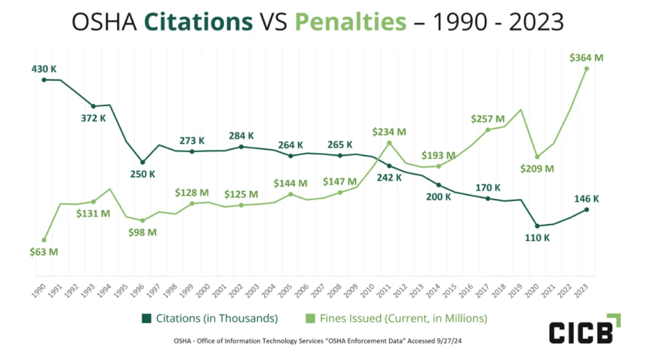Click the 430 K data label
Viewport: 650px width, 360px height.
[x=43, y=68]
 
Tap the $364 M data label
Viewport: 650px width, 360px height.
[x=586, y=58]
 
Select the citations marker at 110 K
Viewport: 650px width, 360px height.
[x=537, y=226]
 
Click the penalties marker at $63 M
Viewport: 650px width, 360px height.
[x=44, y=240]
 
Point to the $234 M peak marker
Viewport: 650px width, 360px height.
[x=389, y=142]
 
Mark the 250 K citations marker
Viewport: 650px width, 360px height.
[x=142, y=162]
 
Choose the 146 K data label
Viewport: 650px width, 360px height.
[x=587, y=199]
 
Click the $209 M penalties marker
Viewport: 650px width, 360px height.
[x=537, y=156]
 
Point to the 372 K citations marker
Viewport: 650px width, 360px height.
[x=93, y=106]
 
